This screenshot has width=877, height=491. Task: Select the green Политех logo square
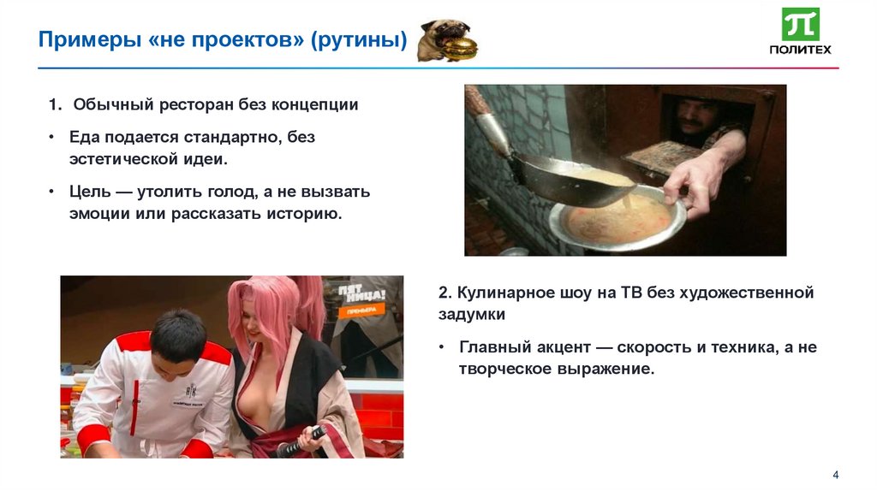[801, 24]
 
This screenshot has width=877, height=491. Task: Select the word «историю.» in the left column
[307, 213]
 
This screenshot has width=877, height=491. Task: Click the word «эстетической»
[122, 159]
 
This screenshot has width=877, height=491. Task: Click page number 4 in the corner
[835, 475]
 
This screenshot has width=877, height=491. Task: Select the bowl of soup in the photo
[616, 217]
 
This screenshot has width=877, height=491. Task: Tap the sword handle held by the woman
[301, 441]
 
